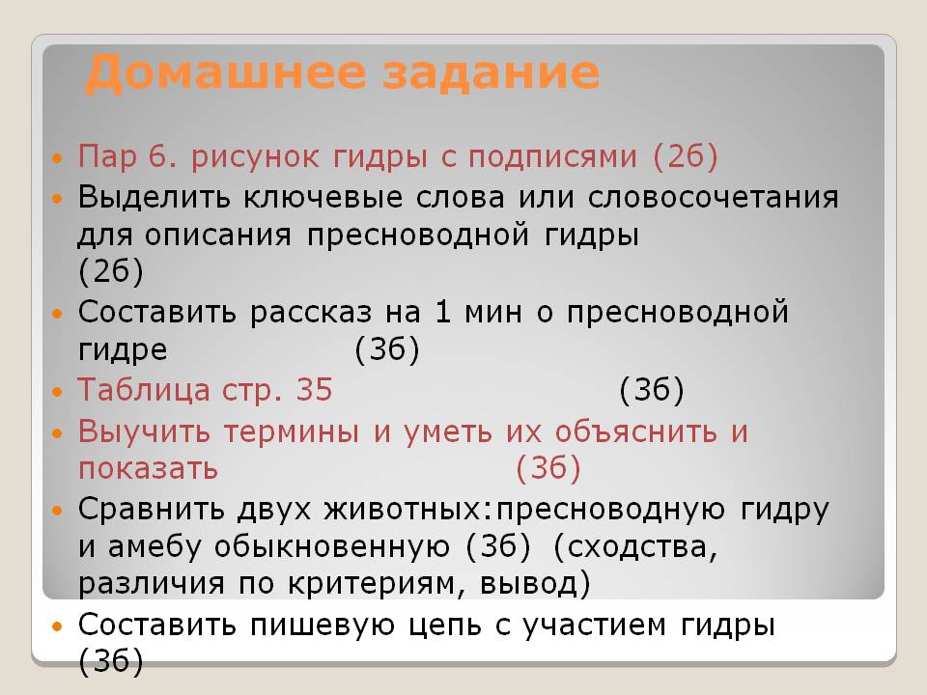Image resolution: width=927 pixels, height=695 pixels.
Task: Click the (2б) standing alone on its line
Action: [x=111, y=273]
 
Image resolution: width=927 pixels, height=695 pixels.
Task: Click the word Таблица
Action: [x=143, y=390]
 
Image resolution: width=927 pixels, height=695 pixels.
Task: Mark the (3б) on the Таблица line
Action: [x=652, y=390]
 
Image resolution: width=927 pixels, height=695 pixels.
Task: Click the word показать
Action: [x=148, y=469]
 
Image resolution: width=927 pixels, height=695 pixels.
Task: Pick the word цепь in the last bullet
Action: [x=471, y=625]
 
